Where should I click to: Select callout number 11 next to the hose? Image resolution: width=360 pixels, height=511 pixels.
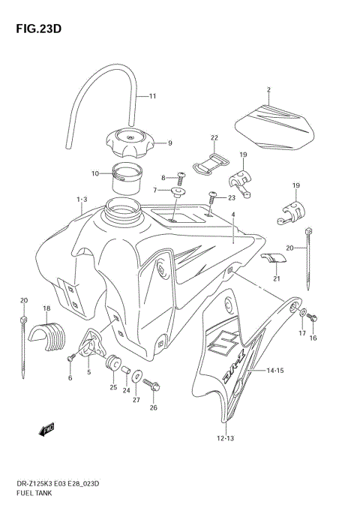click(x=152, y=96)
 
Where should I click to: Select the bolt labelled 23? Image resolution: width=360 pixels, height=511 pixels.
click(x=213, y=197)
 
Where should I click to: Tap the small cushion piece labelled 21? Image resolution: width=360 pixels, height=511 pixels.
click(x=276, y=260)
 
